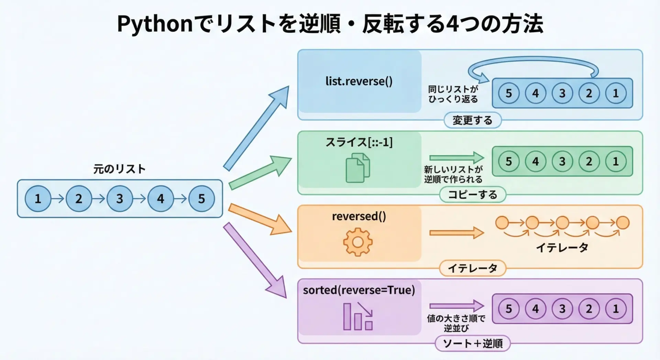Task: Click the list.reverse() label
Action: [x=359, y=81]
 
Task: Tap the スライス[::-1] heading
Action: [x=359, y=142]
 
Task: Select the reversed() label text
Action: [x=359, y=216]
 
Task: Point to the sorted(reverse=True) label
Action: [x=359, y=290]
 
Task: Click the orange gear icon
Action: [x=358, y=242]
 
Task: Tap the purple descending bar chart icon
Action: [x=358, y=316]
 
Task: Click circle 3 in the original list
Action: [x=120, y=198]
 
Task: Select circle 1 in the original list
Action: [x=38, y=198]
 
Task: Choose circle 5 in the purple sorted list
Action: [x=509, y=309]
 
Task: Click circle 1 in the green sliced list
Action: [x=616, y=161]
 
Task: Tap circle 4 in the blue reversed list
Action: [x=536, y=93]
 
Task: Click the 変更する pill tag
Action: [x=472, y=120]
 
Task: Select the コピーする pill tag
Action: [x=472, y=195]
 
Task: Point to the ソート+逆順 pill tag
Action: [x=472, y=343]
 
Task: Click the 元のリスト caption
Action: [x=120, y=169]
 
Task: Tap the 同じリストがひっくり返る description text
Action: [x=453, y=94]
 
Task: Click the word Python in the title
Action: [x=155, y=24]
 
